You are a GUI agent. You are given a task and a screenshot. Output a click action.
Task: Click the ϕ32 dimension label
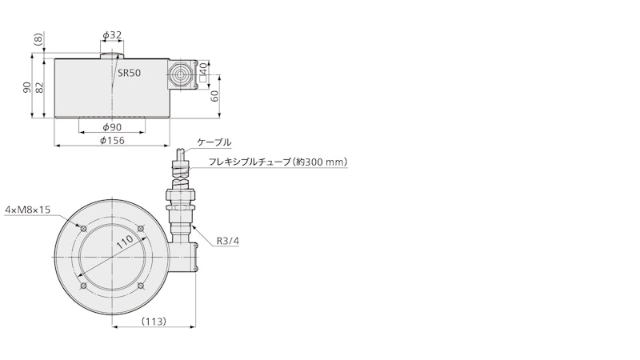tap(112, 35)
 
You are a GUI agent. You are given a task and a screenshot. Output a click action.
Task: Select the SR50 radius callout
tap(130, 73)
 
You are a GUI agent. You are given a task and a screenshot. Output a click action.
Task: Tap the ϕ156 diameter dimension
tap(112, 141)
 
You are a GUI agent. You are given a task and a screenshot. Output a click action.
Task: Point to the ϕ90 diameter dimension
tap(112, 127)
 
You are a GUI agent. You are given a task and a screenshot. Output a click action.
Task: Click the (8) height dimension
tap(38, 40)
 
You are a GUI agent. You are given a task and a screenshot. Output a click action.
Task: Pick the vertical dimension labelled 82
tap(39, 87)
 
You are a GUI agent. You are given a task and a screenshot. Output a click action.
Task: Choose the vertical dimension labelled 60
tap(214, 95)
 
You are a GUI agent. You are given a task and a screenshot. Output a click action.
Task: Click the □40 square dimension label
tap(203, 74)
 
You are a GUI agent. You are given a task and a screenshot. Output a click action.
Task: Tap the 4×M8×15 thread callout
tap(27, 210)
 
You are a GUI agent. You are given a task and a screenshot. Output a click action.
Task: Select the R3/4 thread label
tap(228, 242)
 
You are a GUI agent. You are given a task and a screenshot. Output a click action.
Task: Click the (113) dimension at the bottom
tap(154, 322)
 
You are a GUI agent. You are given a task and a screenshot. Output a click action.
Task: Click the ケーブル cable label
tap(214, 142)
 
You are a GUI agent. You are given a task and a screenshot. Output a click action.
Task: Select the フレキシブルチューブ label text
tap(250, 162)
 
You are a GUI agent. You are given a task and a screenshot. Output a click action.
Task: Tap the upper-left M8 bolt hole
tap(83, 229)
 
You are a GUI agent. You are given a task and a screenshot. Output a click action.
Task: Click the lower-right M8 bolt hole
tap(141, 286)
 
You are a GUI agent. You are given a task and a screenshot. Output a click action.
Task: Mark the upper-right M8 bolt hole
tap(141, 229)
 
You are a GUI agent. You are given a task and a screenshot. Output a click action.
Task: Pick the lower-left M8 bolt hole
tap(83, 286)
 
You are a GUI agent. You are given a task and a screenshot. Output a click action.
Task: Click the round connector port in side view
tap(179, 75)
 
